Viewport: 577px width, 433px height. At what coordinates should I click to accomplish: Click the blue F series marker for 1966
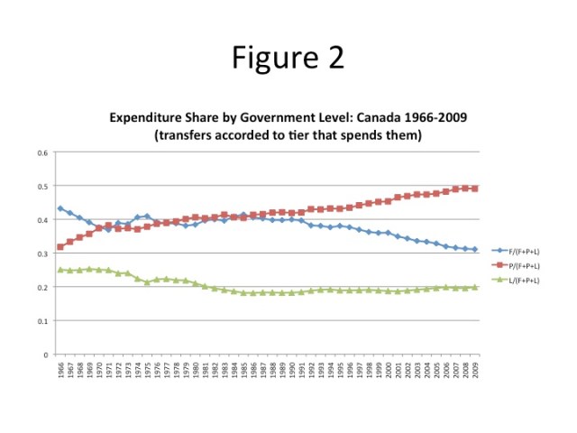(x=60, y=208)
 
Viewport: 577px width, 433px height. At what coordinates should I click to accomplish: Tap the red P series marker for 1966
(x=60, y=247)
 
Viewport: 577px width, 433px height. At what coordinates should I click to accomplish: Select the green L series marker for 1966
(x=60, y=270)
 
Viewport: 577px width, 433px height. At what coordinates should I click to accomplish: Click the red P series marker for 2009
(x=475, y=189)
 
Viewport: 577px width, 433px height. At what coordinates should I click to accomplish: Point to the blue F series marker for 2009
(x=475, y=250)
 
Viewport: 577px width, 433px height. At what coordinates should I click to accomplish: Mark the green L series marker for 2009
(x=475, y=288)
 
